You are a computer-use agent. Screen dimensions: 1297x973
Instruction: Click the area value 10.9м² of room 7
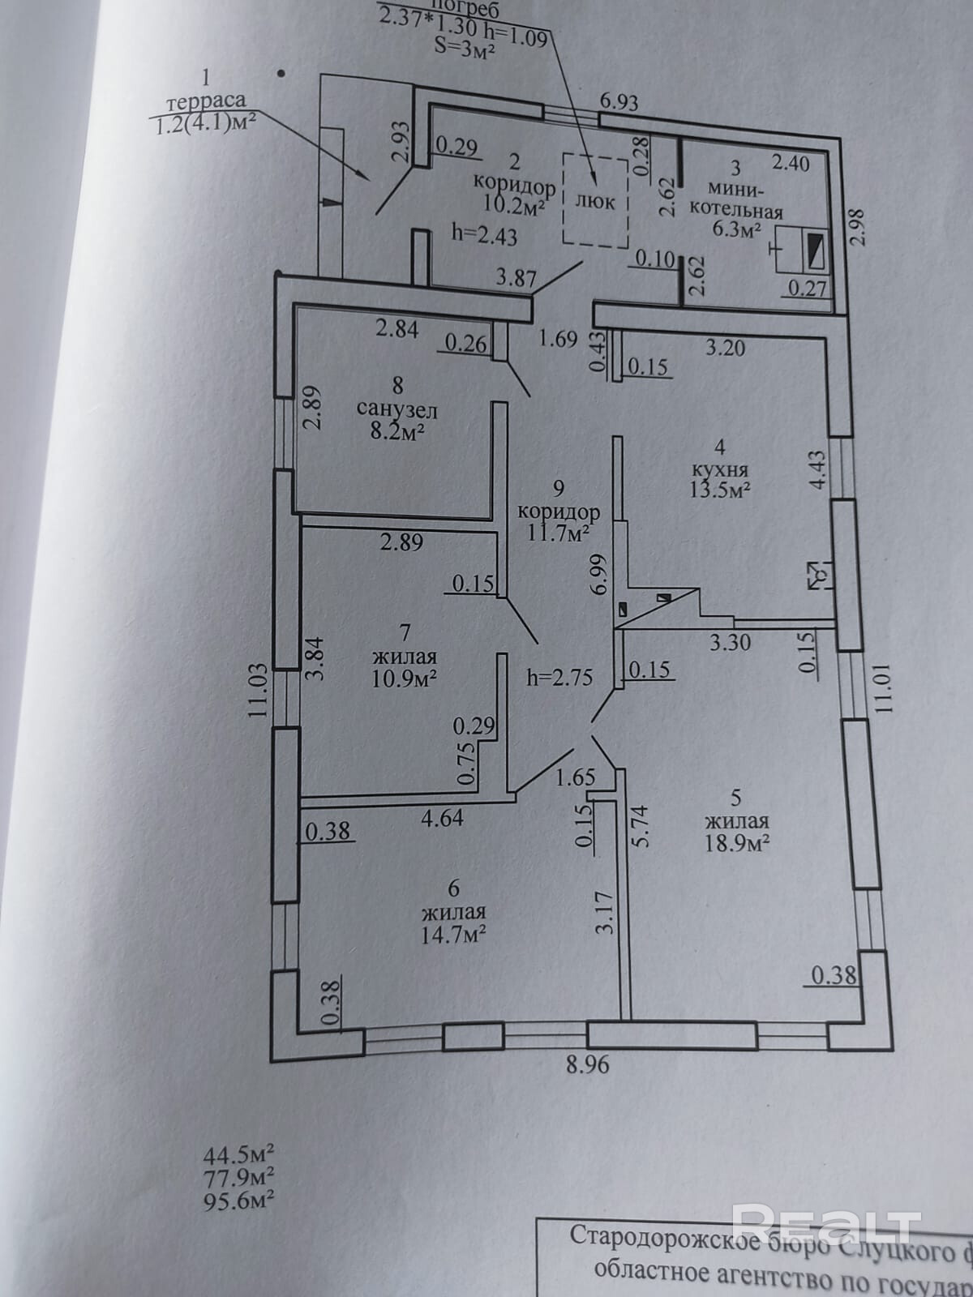coord(405,678)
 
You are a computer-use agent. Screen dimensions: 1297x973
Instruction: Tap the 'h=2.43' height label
coord(485,236)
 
